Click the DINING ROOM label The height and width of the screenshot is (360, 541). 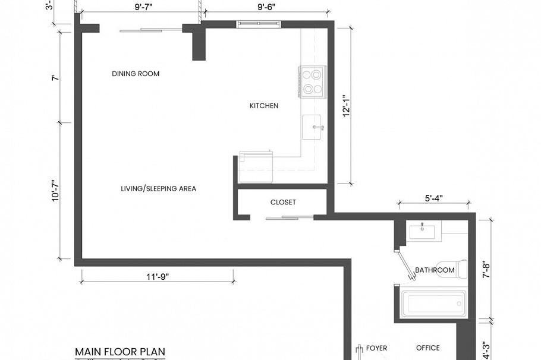coord(136,74)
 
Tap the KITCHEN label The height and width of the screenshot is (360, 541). coord(263,106)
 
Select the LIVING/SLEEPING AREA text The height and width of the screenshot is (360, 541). coord(158,189)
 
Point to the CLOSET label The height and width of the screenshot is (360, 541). coord(283,203)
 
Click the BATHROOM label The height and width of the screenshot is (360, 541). coord(435,270)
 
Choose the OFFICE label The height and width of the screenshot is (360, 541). coord(427,348)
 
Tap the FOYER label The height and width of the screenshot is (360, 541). coord(376,348)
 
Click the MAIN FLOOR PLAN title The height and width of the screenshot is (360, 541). coord(119,352)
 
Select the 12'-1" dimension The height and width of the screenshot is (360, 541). coord(347,106)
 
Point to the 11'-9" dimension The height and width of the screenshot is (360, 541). coord(156,277)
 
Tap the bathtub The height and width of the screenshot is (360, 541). coord(433,303)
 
